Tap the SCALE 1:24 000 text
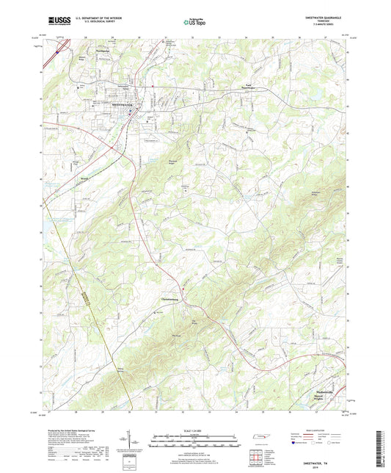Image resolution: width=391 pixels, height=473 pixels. coord(195,430)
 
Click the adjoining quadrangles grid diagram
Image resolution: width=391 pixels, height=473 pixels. coord(257,458)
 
